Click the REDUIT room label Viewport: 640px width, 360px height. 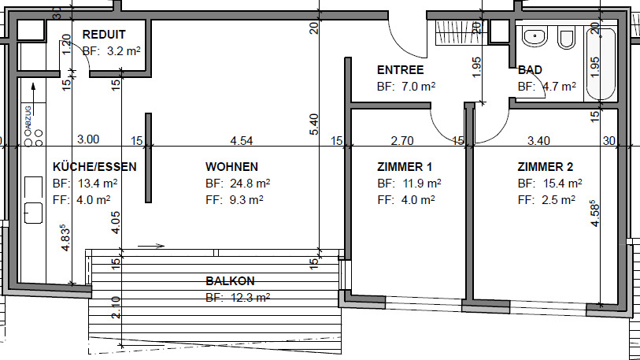coord(104,35)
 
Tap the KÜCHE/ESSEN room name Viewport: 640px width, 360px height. coord(94,167)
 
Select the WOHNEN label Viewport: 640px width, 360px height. coord(232,167)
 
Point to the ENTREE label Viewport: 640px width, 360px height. coord(401,70)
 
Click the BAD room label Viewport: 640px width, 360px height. coord(530,70)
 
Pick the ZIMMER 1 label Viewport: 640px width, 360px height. coord(405,167)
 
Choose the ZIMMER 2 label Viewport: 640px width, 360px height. coord(546,167)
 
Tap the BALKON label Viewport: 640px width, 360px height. coord(230,281)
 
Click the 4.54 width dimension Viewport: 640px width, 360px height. coord(241,140)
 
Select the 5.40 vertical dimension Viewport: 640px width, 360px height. coord(313,124)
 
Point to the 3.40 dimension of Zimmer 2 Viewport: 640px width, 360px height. coord(538,140)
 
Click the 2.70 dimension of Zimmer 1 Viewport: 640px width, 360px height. coord(402,140)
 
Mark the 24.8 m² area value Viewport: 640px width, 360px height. coord(250,183)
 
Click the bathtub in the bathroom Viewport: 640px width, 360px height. coord(601,64)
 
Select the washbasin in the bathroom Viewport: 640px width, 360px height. coord(535,38)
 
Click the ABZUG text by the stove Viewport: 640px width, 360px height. coord(28,117)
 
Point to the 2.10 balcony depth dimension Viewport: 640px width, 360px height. coord(116,307)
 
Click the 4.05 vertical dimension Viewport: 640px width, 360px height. coord(116,222)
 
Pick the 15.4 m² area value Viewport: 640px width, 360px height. coord(562,183)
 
